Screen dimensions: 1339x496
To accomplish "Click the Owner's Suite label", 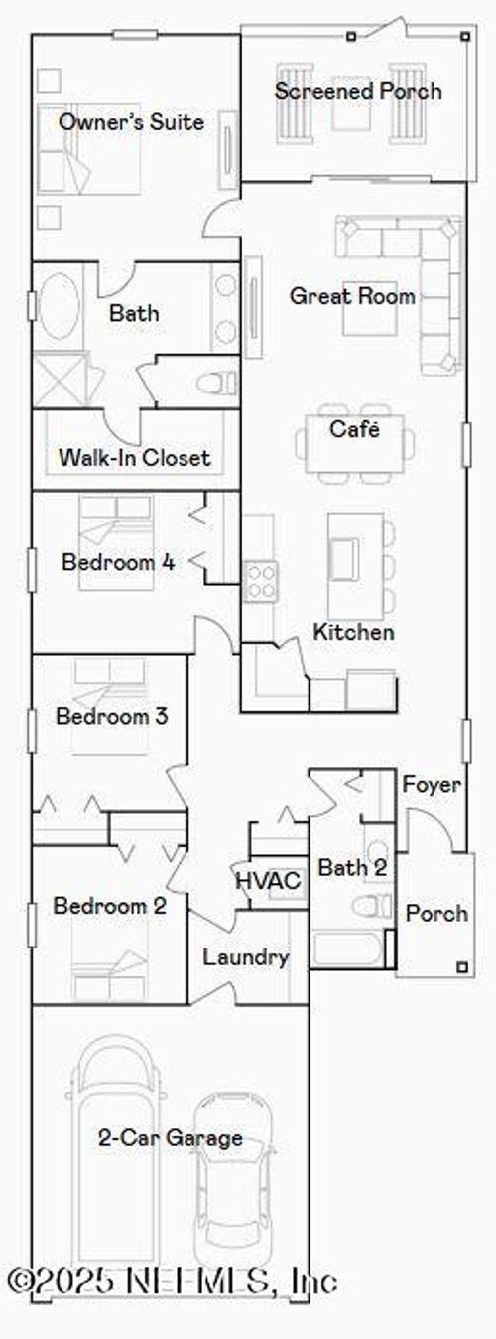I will [131, 122].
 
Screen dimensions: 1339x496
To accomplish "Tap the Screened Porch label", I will [357, 92].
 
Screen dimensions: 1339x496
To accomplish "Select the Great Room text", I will [352, 295].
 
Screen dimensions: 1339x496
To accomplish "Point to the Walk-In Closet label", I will [135, 458].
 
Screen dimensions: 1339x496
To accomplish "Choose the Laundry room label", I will [246, 957].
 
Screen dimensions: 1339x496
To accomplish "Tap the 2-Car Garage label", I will [170, 1137].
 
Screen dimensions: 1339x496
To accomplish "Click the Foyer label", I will [431, 785].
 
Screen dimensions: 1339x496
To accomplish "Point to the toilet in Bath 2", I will [375, 907].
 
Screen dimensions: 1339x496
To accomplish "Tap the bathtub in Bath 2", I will [346, 949].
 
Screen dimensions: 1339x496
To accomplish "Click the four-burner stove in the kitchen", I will [260, 579].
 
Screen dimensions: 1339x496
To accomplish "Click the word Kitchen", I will [353, 632].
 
